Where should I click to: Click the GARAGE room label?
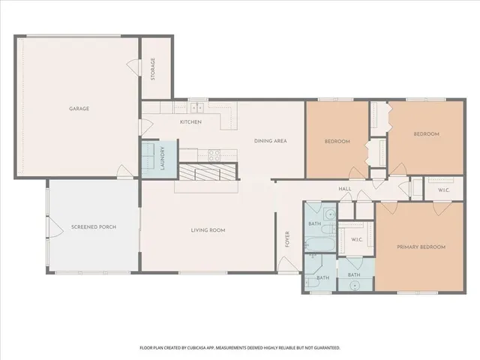point(79,109)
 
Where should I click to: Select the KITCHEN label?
point(190,122)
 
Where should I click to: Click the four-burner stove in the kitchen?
point(214,156)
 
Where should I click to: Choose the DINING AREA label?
point(270,141)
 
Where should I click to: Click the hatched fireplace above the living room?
point(208,173)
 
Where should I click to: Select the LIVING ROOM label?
point(208,230)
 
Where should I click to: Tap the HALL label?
point(345,189)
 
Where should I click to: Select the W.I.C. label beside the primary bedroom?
point(357,240)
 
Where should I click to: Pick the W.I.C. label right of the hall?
point(443,189)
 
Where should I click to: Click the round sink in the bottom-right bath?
point(353,285)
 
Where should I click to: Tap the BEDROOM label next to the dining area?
point(337,141)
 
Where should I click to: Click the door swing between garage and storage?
point(135,67)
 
